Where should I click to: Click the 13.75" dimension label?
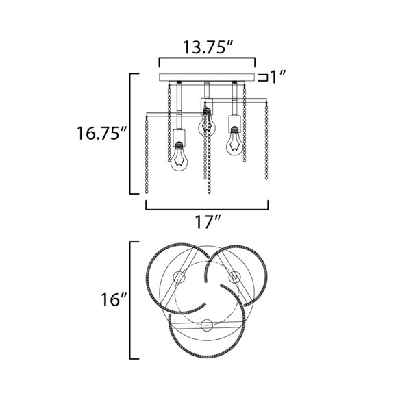coord(208,47)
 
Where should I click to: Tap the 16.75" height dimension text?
coord(101,133)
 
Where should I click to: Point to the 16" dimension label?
coord(114,299)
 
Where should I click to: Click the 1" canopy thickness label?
coord(277,77)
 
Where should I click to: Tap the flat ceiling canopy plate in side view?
coord(207,77)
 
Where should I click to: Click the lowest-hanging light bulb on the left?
coord(179,157)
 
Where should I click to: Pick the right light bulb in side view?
coord(234,141)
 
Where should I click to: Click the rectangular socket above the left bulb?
coord(179,138)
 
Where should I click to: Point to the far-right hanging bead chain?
coord(266,141)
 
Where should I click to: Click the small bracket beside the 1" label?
coord(262,77)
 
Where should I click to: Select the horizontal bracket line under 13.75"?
coord(207,58)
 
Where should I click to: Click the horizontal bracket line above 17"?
coord(207,209)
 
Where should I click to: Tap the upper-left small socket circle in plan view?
coord(179,277)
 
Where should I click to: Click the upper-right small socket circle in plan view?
coord(234,277)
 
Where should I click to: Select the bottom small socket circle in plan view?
coord(207,325)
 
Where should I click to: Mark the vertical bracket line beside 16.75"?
coord(130,134)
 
